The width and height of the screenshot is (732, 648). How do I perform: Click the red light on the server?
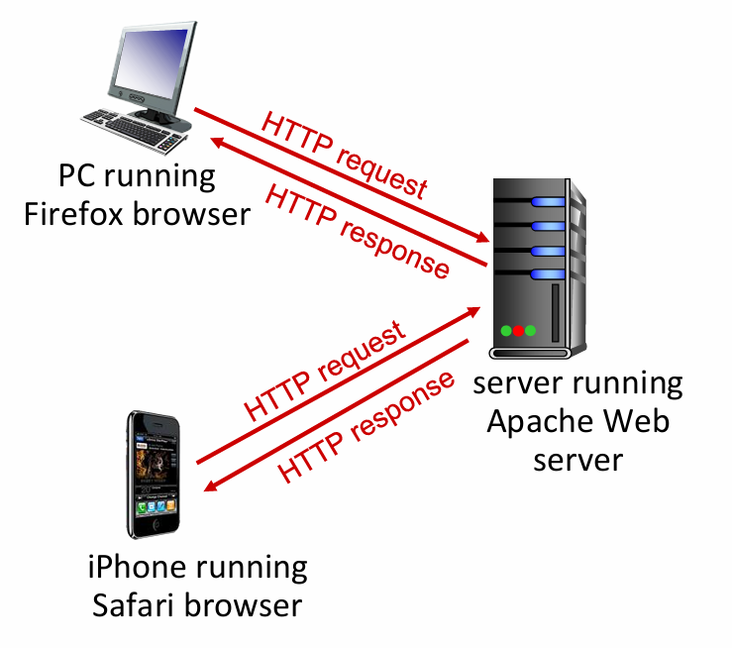tap(518, 330)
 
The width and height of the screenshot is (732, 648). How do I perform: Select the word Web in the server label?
tap(637, 421)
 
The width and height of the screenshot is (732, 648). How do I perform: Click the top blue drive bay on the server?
tap(547, 203)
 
